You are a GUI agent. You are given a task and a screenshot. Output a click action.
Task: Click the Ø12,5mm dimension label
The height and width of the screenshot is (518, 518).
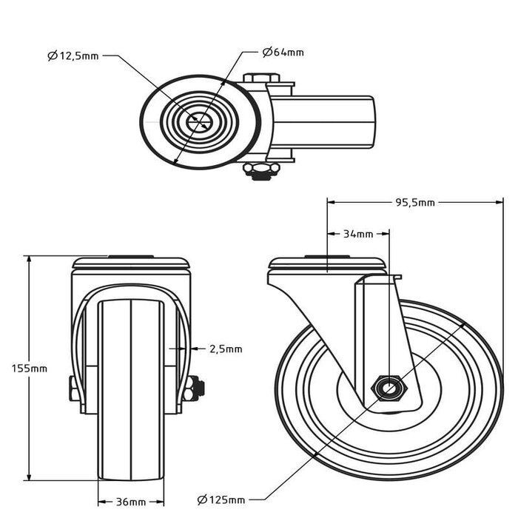tap(72, 55)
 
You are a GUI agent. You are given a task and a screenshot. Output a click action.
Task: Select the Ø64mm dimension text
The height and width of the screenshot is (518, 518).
tap(283, 53)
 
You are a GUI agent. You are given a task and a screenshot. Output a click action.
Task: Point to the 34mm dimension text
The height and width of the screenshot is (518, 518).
tap(358, 235)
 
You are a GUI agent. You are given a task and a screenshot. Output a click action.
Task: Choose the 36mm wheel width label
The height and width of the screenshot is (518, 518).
tap(130, 502)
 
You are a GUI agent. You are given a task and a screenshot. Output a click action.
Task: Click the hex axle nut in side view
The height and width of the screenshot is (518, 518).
tap(388, 388)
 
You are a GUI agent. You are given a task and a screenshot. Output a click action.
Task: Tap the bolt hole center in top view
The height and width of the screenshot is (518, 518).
tap(199, 122)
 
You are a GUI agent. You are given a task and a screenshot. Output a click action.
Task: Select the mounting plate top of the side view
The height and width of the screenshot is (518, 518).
tap(327, 264)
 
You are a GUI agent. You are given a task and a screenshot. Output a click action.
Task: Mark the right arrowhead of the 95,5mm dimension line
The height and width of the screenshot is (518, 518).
tap(499, 201)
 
